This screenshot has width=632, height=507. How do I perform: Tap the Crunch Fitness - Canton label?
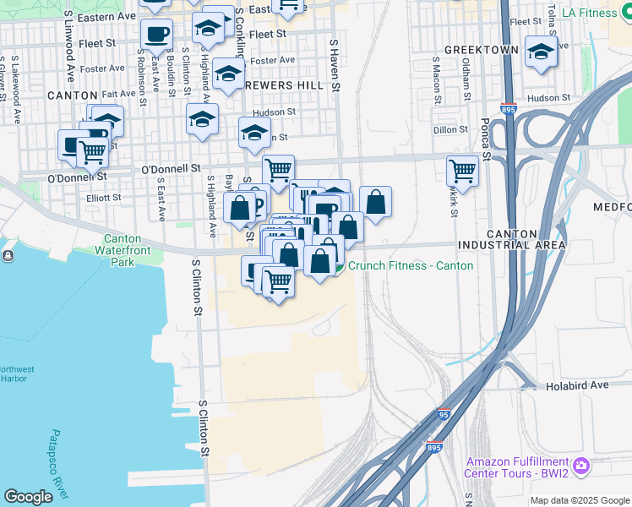click(410, 265)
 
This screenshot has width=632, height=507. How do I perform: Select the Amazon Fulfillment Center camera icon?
click(580, 466)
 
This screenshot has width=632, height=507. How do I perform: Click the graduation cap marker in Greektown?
click(541, 52)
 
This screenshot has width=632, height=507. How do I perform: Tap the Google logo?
click(29, 497)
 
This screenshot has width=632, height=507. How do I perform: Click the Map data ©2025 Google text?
click(578, 500)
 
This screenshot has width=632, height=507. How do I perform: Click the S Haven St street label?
click(335, 64)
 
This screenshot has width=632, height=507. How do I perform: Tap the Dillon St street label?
click(450, 130)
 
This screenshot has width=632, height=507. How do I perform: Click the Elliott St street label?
click(105, 198)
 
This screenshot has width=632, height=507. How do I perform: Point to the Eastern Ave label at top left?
click(106, 17)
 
